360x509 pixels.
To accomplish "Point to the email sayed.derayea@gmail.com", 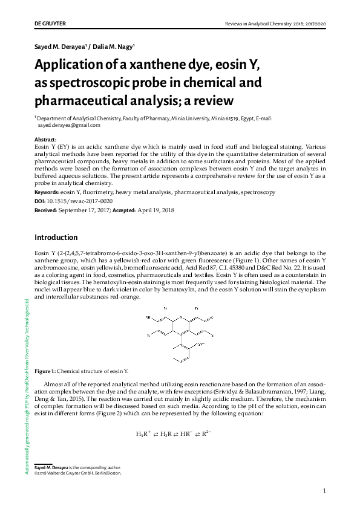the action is click(x=69, y=125).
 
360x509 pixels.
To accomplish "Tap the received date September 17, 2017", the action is click(x=86, y=209).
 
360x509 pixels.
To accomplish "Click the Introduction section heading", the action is click(x=56, y=237).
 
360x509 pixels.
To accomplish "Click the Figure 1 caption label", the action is click(x=45, y=371).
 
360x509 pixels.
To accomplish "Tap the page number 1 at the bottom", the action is click(x=325, y=490).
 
